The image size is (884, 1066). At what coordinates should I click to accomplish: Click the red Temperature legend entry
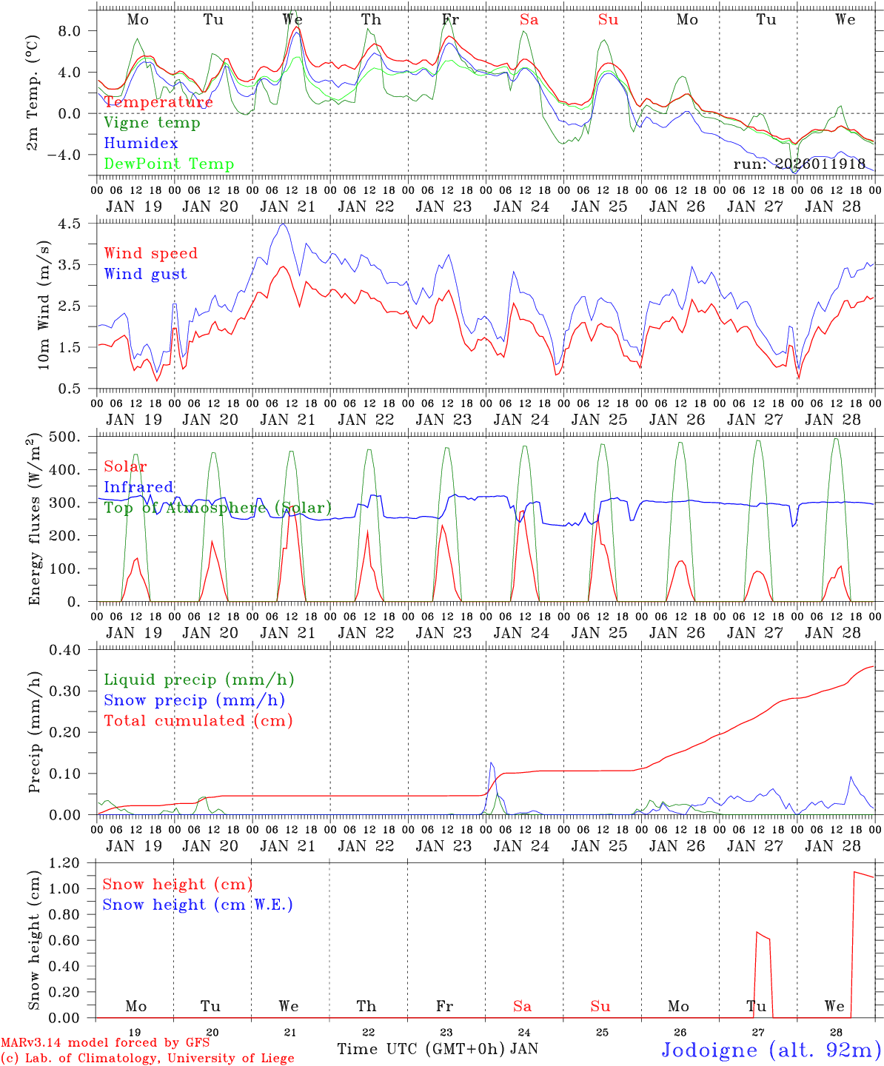[x=158, y=102]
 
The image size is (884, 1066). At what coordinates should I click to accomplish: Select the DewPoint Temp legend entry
[x=169, y=164]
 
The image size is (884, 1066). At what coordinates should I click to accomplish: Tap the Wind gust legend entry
[x=145, y=274]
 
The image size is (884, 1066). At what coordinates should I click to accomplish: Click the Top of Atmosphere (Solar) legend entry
[x=217, y=508]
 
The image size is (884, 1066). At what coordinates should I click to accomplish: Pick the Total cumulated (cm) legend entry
[x=198, y=720]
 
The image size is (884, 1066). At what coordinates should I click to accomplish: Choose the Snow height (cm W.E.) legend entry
[x=198, y=905]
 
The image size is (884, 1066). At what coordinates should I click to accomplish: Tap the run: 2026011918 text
[x=799, y=164]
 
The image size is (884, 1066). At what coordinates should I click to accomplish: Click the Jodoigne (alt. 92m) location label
[x=771, y=1050]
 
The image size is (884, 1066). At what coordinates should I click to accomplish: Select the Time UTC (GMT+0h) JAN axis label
[x=438, y=1049]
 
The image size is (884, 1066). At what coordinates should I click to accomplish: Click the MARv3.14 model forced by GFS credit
[x=105, y=1042]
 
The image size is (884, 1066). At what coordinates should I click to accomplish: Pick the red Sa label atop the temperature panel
[x=529, y=20]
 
